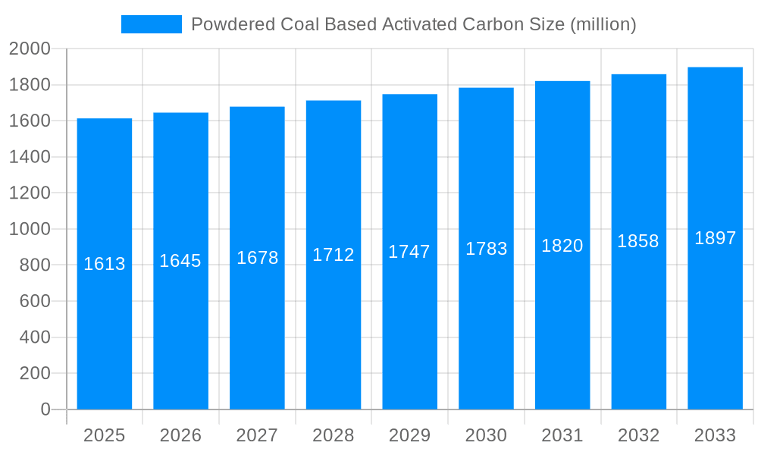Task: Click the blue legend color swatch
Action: pos(151,24)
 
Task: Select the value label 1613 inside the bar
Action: pos(105,264)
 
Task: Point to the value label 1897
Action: pos(715,238)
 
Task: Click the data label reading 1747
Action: pos(409,252)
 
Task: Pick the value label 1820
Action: pos(562,246)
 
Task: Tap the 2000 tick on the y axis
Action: pos(30,49)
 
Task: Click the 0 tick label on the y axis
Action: pos(45,409)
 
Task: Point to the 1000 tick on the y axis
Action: pos(30,229)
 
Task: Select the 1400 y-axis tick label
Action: pos(30,157)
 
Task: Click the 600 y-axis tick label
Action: pos(34,301)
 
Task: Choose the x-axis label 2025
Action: pos(105,435)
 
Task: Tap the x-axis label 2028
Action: pos(334,435)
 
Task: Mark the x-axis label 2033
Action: pos(715,435)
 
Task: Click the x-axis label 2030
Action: pos(486,435)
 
